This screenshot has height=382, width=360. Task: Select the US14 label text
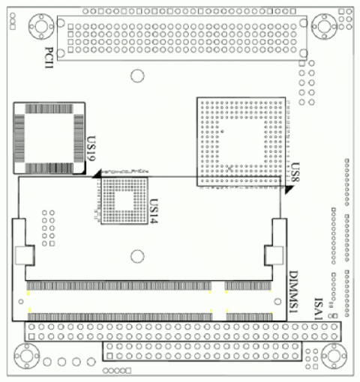pos(154,206)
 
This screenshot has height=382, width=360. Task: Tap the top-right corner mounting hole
pos(325,28)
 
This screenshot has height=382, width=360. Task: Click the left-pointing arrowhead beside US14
pos(97,177)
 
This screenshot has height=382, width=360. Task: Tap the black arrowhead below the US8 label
pos(288,189)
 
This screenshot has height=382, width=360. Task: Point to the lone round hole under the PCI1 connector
pos(136,76)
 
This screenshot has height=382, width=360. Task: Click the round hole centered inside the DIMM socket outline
pos(136,256)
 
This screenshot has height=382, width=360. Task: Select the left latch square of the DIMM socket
pos(24,255)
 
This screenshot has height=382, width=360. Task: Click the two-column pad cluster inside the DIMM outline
pos(49,228)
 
